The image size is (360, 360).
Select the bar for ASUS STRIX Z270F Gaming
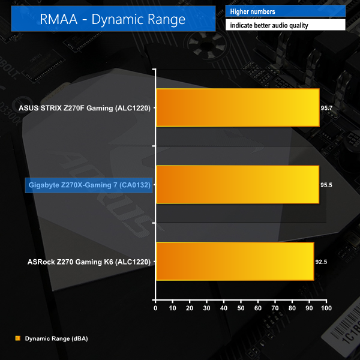click(237, 108)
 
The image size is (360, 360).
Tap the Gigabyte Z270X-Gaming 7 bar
click(237, 185)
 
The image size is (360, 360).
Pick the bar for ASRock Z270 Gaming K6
click(235, 261)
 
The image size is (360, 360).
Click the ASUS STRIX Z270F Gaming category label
click(85, 109)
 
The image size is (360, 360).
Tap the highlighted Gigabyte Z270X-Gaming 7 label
click(88, 185)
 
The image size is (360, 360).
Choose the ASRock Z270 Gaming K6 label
click(89, 262)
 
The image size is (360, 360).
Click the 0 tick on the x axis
click(155, 308)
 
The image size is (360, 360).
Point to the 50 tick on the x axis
click(241, 308)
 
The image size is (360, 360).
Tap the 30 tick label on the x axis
click(207, 308)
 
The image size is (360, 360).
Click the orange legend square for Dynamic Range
click(17, 338)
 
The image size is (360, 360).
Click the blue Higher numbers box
click(286, 11)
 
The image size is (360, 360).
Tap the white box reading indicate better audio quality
click(286, 25)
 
